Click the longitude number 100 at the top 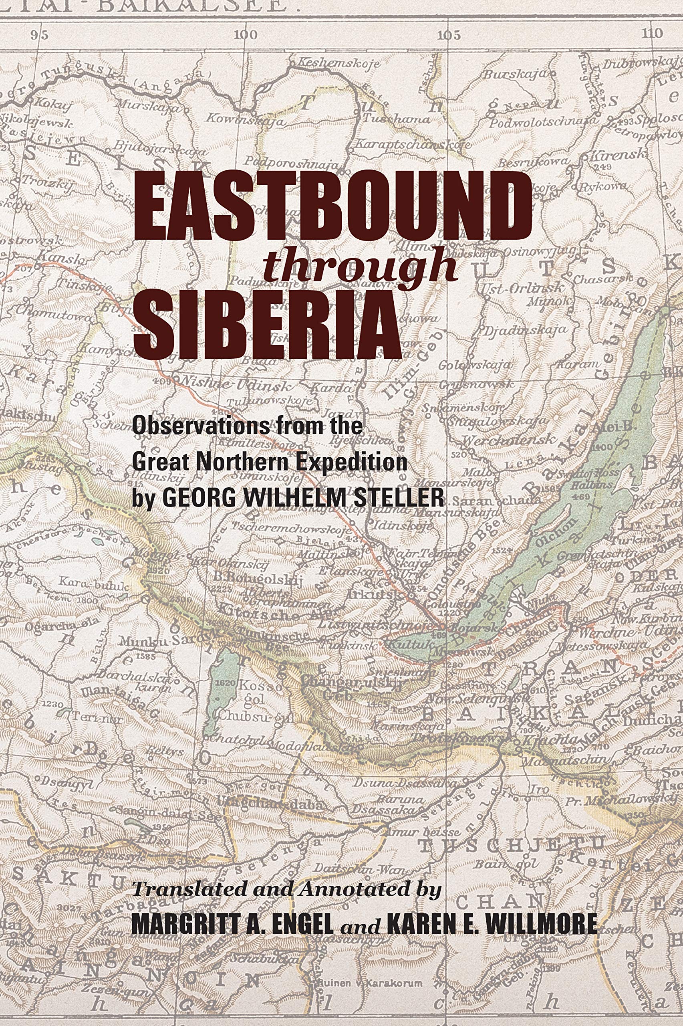click(246, 34)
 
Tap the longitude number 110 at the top click(652, 33)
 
